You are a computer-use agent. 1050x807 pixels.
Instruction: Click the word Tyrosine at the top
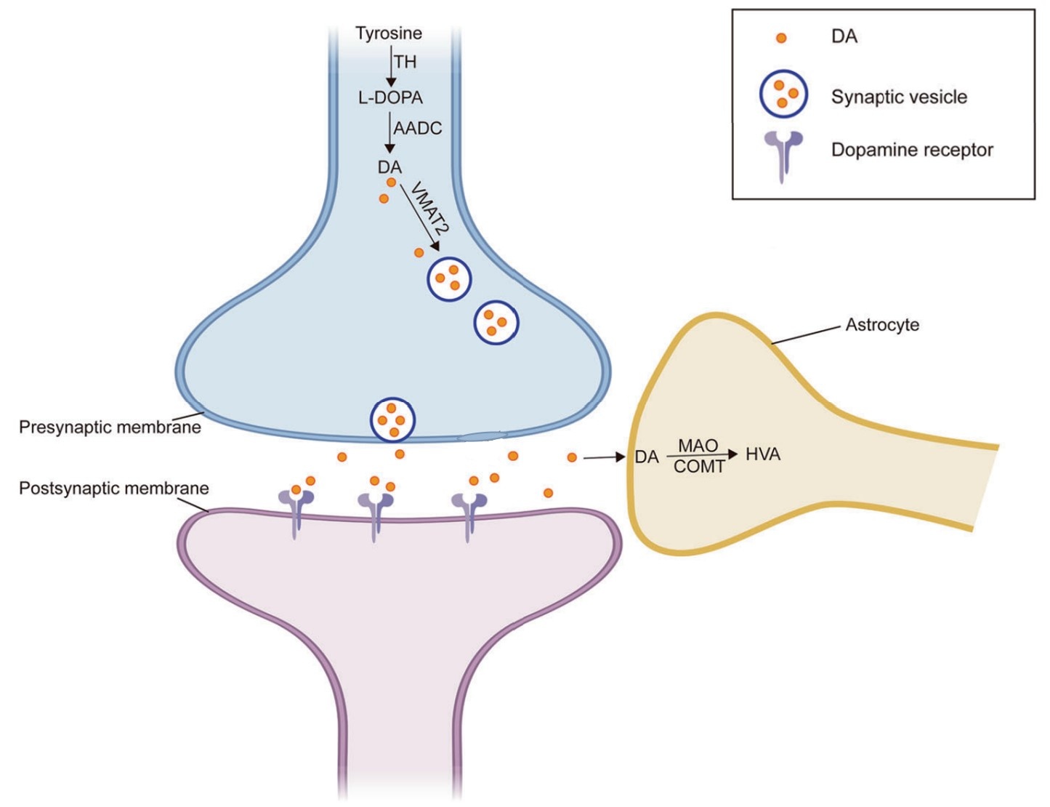point(388,33)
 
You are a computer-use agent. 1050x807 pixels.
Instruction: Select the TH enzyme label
point(405,63)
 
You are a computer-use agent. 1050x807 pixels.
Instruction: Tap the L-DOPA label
point(390,97)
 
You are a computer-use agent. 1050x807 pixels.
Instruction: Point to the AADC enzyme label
point(418,129)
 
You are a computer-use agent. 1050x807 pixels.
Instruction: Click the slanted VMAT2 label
point(429,207)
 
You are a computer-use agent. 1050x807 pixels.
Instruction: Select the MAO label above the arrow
point(698,445)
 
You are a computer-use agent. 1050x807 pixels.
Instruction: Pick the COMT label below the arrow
point(699,467)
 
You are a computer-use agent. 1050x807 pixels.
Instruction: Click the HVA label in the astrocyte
point(763,455)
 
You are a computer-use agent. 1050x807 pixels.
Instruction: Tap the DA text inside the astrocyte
point(647,457)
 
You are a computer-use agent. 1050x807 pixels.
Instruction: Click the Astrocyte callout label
point(882,325)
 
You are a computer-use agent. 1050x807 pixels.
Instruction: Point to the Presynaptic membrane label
point(110,427)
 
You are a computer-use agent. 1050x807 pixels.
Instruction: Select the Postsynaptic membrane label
point(114,488)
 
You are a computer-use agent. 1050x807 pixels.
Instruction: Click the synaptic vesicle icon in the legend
point(783,95)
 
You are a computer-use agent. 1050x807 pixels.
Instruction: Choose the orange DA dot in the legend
point(781,38)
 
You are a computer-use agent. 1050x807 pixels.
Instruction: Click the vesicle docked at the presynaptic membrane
point(392,420)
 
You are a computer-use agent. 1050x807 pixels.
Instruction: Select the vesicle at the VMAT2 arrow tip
point(449,278)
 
